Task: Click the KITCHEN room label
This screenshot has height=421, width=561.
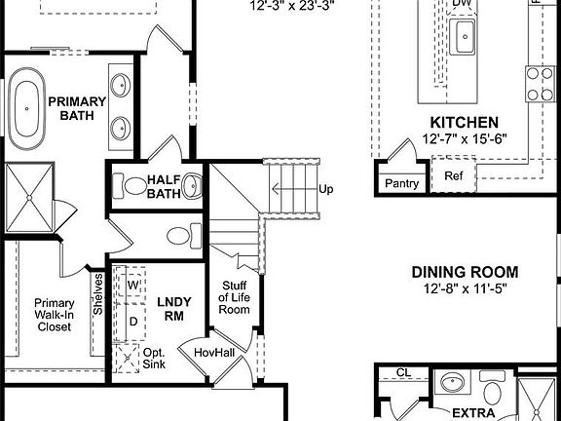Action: pos(465,123)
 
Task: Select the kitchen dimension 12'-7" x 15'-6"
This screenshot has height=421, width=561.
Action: pos(465,139)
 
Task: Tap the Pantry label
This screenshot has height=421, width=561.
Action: pos(401,183)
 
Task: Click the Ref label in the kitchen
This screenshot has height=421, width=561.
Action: pos(454,176)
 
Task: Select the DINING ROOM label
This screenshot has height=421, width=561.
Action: pos(464,272)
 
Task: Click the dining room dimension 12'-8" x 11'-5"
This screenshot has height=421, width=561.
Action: pos(464,288)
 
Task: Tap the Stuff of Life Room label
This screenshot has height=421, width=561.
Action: pos(234,296)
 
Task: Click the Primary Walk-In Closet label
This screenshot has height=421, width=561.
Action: pos(54,315)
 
